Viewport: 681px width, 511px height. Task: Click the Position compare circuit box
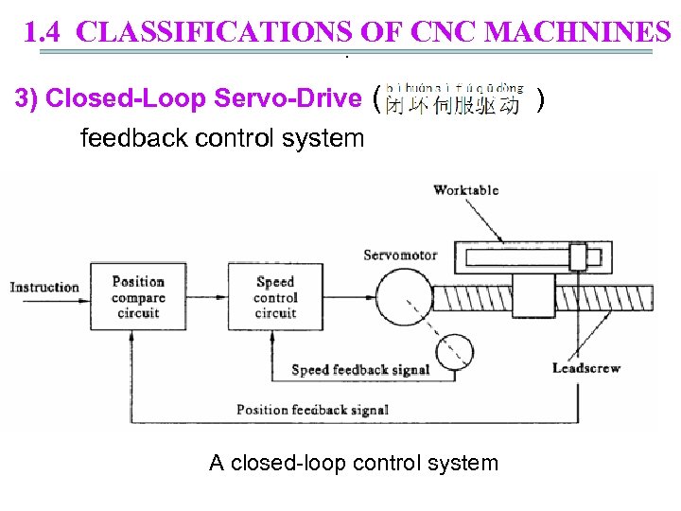[x=138, y=296]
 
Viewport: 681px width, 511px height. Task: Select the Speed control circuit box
[x=275, y=296]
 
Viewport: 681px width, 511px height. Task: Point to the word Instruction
[x=44, y=287]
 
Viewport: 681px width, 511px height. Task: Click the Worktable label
[x=465, y=190]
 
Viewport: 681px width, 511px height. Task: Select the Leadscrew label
[x=586, y=367]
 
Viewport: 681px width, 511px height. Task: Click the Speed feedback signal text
[x=360, y=370]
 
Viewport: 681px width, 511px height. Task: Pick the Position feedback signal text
[x=312, y=410]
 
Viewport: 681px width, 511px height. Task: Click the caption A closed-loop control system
[x=354, y=463]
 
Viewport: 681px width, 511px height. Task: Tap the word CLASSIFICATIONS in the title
[x=216, y=33]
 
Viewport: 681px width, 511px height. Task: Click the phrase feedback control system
[x=222, y=139]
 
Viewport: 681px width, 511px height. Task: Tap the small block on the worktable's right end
[x=579, y=255]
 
